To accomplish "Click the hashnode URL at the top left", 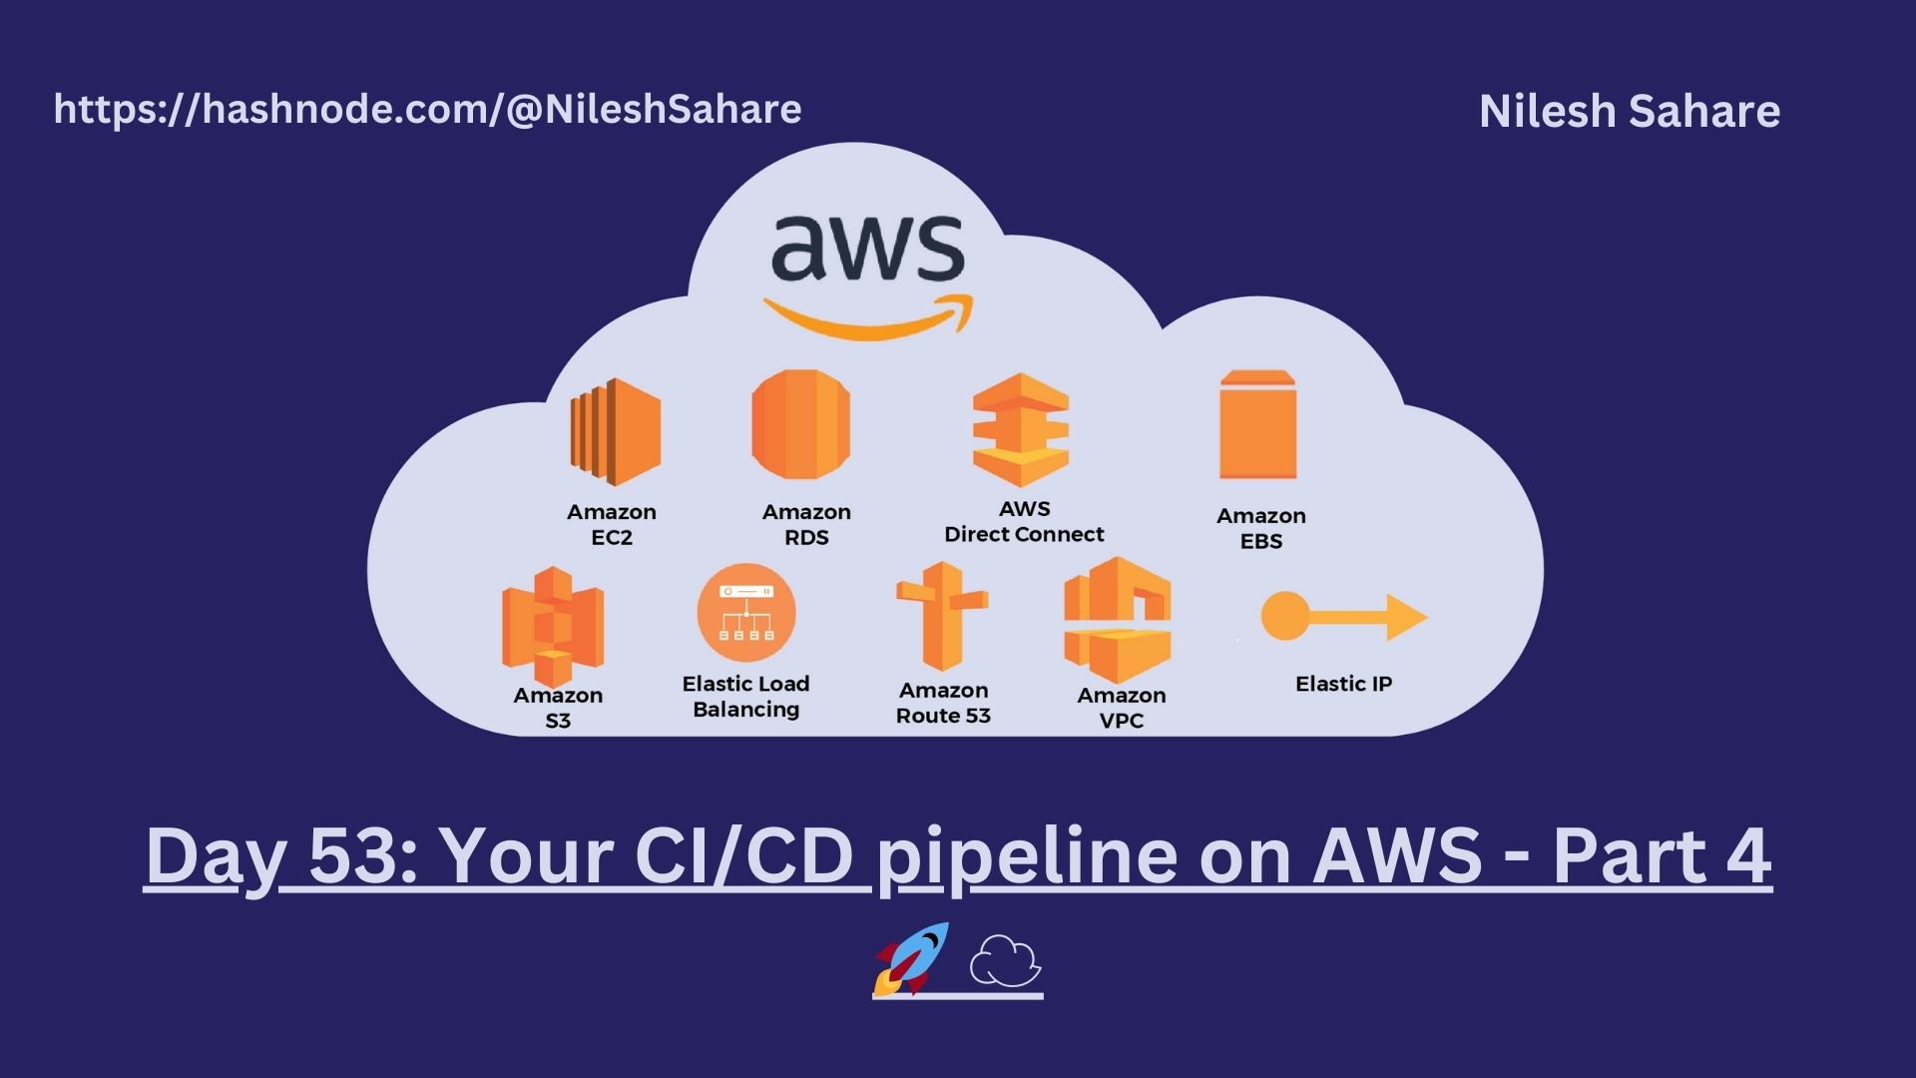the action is (x=427, y=110).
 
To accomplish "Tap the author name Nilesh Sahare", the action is (x=1630, y=111).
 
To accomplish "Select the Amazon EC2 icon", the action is (x=615, y=431).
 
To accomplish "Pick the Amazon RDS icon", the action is (x=801, y=424).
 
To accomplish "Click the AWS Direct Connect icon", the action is (x=1021, y=429).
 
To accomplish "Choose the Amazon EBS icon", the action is (x=1257, y=424).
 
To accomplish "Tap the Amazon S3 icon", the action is (x=553, y=626).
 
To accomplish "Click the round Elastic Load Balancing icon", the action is (x=746, y=613).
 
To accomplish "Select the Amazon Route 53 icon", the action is (x=942, y=615).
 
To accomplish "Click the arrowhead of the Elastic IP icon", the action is (x=1407, y=618).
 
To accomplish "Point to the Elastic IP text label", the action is (x=1343, y=684).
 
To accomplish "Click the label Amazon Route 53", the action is (x=943, y=703).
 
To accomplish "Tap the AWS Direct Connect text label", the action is (x=1024, y=521).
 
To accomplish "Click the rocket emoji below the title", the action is (x=910, y=959).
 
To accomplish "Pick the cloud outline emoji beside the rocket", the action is (x=1005, y=960).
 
